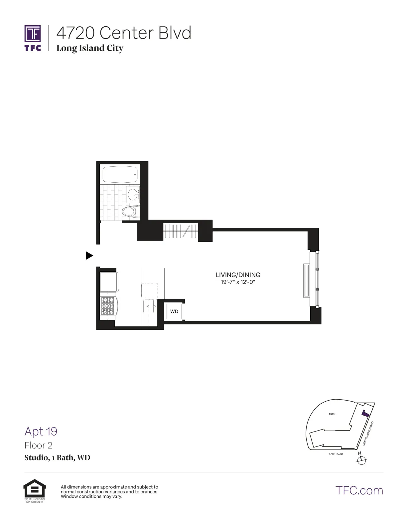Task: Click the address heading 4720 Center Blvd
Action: (124, 33)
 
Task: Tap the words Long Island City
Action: (90, 48)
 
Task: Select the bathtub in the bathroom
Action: (120, 174)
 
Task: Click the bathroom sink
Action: (133, 193)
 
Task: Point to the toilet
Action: (131, 212)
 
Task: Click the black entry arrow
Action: (89, 256)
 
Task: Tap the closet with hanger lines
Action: (181, 231)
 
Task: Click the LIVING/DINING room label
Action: (238, 275)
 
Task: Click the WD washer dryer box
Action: (174, 311)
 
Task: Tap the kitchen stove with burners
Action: (108, 306)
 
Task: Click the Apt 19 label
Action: (41, 431)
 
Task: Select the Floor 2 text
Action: (39, 445)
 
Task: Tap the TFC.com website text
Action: (359, 490)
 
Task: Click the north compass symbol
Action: (361, 460)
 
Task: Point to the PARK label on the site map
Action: (332, 414)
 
